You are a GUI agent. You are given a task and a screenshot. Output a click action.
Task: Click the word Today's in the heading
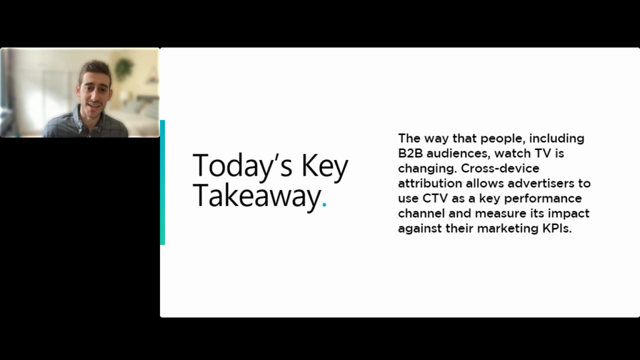click(x=242, y=165)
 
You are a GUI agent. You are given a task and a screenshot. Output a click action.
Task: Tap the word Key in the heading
click(x=325, y=166)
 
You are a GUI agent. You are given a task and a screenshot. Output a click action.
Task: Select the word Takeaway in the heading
click(x=257, y=197)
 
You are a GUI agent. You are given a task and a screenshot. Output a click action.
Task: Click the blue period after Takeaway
click(x=324, y=205)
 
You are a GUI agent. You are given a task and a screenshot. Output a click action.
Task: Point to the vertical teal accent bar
click(x=162, y=182)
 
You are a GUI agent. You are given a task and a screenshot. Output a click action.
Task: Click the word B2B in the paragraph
click(x=410, y=154)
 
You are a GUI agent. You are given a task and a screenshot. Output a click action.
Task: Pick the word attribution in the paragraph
click(x=430, y=183)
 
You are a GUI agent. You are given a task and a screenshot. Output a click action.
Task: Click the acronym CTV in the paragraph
click(x=435, y=198)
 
